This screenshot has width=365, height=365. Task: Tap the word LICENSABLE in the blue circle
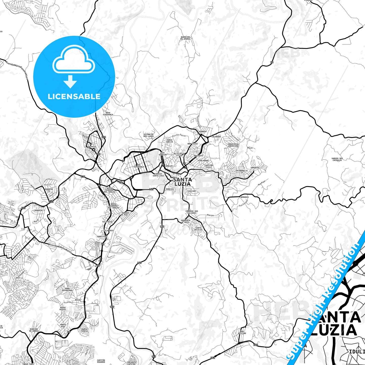[x=74, y=96]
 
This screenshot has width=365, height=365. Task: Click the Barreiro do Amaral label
[x=185, y=38]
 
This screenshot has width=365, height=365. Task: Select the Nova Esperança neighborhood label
[x=108, y=114]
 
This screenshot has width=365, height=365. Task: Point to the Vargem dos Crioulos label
[x=337, y=159]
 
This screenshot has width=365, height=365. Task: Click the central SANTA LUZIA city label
[x=182, y=182]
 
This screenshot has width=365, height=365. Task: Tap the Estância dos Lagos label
[x=149, y=135]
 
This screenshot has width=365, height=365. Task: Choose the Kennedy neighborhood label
[x=203, y=132]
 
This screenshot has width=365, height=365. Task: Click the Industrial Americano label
[x=233, y=145]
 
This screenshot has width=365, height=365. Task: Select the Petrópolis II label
[x=242, y=172]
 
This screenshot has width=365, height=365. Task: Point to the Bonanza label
[x=245, y=197]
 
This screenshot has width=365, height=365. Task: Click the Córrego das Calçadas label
[x=192, y=212]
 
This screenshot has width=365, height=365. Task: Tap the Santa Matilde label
[x=198, y=229]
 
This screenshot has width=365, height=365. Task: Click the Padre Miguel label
[x=63, y=308]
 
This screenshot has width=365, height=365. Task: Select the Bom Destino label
[x=242, y=332]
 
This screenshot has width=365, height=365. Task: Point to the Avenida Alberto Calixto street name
[x=61, y=249]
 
